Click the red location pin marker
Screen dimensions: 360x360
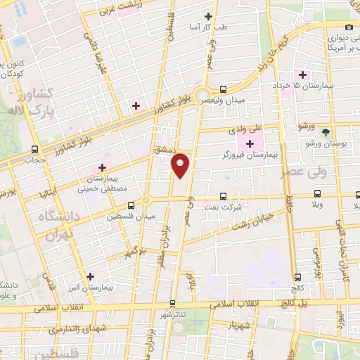181,165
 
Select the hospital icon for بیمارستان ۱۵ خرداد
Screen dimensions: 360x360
303,75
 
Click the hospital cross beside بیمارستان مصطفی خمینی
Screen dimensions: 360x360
103,167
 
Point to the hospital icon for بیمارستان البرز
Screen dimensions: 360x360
90,276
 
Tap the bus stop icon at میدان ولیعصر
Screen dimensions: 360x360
223,89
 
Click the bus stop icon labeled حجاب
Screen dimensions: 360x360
35,149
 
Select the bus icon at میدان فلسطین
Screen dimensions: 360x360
131,206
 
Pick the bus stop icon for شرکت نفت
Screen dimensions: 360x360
223,196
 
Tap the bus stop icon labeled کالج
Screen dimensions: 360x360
297,277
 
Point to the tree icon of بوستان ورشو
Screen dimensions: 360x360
325,132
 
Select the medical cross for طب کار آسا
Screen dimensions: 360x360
207,16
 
